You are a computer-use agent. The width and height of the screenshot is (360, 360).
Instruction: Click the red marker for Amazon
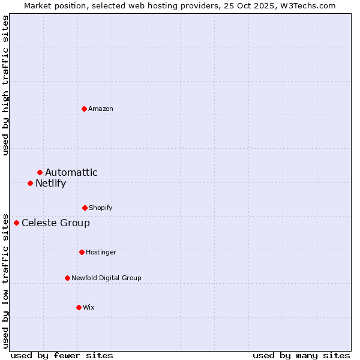coord(85,109)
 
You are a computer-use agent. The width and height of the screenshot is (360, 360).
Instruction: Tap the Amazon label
coord(101,109)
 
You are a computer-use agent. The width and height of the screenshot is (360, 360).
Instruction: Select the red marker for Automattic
coord(40,173)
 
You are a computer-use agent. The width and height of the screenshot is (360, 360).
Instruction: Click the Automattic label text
coord(71,173)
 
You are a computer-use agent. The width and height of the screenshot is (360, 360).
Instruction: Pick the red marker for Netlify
coord(31,183)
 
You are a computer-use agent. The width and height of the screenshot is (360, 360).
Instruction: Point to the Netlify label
coord(50,184)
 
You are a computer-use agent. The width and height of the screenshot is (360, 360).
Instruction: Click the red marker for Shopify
coord(85,208)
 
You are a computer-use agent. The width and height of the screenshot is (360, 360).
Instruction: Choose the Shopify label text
coord(101,208)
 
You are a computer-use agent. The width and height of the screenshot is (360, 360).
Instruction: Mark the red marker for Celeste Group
coord(17,223)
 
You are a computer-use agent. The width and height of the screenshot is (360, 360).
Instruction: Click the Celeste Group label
coord(56,223)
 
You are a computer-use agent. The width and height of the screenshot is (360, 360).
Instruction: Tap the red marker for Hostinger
coord(82,252)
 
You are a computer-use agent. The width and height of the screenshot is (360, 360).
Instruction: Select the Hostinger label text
coord(101,253)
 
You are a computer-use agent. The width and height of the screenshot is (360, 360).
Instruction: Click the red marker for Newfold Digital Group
coord(67,278)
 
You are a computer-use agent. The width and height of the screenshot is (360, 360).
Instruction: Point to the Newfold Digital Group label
coord(106,278)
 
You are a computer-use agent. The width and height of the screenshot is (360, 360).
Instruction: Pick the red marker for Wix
coord(79,307)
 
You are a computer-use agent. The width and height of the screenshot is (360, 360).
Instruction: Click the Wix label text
coord(89,308)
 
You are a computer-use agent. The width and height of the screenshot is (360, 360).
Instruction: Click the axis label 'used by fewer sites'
coord(62,356)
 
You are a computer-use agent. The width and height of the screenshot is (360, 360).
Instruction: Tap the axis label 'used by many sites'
coord(301,356)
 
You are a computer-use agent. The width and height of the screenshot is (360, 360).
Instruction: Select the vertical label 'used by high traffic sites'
coord(6,86)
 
